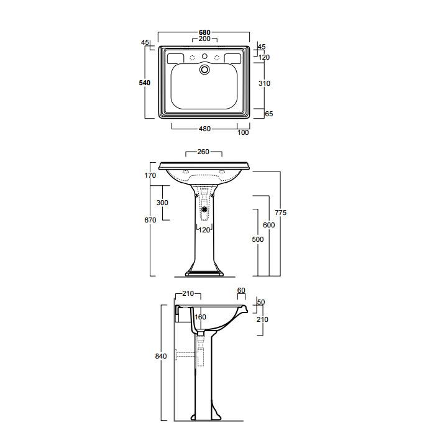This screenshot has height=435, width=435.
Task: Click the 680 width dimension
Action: [204, 32]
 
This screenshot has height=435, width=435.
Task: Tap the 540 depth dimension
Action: [145, 83]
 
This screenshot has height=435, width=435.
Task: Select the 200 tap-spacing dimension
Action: [204, 39]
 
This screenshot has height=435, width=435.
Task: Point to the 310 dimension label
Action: [264, 83]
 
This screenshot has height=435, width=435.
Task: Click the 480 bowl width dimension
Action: [204, 129]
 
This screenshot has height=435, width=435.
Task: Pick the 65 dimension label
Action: [269, 114]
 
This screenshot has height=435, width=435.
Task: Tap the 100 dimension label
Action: [243, 132]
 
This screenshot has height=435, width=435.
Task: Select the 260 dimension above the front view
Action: [203, 152]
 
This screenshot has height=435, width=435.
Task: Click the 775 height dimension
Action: [280, 213]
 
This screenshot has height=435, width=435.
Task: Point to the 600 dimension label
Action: [269, 225]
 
